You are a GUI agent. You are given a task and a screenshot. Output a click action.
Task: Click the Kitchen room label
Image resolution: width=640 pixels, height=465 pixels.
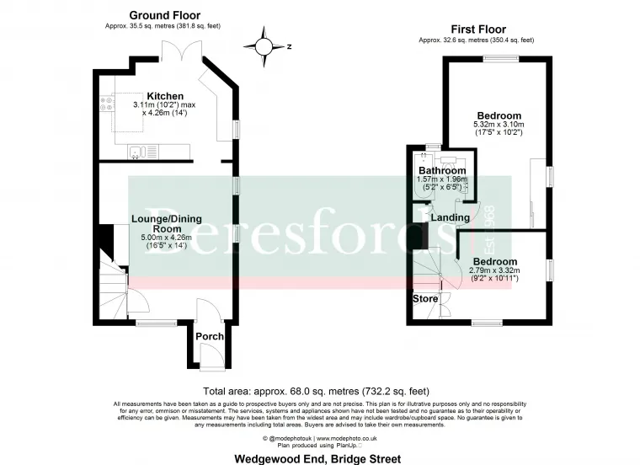(164, 95)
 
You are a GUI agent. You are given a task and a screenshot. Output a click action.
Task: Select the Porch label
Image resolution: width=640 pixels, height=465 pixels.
(210, 336)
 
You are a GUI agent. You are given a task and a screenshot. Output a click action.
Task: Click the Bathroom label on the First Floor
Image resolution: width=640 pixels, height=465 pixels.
(442, 170)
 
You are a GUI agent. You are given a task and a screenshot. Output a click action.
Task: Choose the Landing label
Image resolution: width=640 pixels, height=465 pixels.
(450, 217)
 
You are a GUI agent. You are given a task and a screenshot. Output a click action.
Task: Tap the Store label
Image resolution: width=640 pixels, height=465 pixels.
(424, 298)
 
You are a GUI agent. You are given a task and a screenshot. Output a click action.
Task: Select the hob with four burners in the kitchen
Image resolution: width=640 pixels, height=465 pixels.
(108, 105)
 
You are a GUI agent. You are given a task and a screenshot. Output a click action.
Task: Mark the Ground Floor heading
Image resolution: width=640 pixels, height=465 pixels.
(165, 15)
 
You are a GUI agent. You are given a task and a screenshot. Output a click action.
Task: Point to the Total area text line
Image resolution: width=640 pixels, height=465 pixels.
(317, 391)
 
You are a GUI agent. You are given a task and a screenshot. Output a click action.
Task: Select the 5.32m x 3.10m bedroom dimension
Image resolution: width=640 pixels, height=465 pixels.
(499, 125)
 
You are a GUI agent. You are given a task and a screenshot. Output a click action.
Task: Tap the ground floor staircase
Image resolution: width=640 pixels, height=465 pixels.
(112, 286)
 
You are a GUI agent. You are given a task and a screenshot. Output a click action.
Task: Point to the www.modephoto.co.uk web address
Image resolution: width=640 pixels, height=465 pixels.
(347, 438)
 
